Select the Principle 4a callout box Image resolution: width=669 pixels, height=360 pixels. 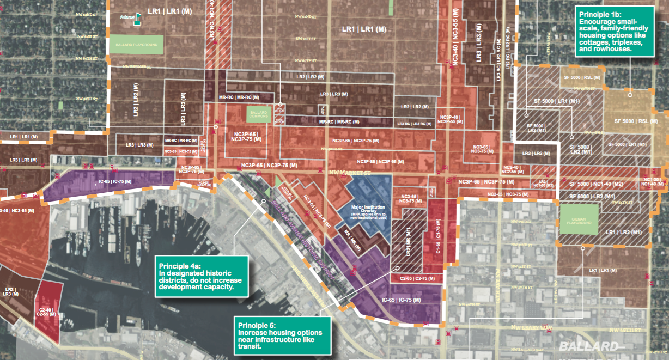click(x=201, y=276)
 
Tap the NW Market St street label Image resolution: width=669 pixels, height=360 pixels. click(x=350, y=172)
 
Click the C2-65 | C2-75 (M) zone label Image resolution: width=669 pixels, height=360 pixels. click(x=417, y=278)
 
